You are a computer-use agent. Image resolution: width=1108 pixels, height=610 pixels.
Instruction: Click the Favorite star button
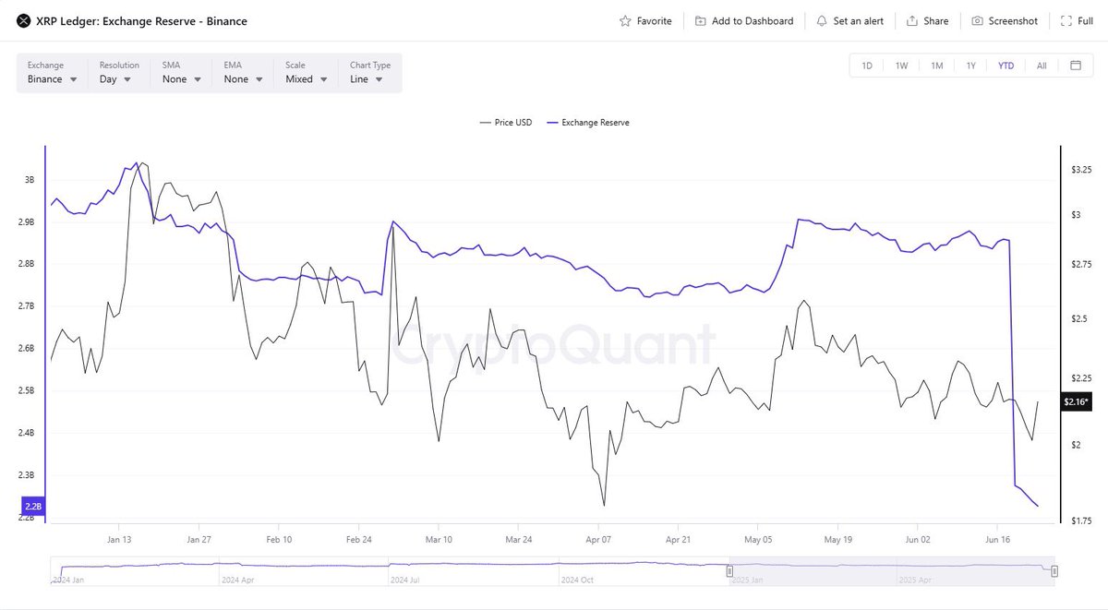[x=645, y=21]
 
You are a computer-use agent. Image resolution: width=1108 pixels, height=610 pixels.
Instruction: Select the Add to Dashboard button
[x=743, y=21]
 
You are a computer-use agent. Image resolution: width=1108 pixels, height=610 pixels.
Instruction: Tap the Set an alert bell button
[x=849, y=21]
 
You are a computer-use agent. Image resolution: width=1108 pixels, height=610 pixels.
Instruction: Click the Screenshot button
[x=1005, y=21]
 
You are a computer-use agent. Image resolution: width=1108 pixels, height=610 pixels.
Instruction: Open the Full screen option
[x=1077, y=21]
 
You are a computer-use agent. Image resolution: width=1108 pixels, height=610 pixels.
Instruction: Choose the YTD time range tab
[x=1006, y=66]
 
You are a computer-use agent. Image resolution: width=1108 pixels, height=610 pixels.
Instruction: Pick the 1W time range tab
[x=901, y=66]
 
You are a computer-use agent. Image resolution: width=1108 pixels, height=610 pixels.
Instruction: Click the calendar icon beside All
[x=1076, y=66]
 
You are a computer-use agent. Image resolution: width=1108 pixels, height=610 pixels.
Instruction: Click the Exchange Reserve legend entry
[x=588, y=123]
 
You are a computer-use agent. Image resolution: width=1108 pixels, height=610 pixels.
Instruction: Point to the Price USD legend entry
[x=506, y=123]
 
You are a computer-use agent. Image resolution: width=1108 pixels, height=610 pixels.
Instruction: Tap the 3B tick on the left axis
[x=30, y=180]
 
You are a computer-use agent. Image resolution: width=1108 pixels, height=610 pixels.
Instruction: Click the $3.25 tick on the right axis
[x=1081, y=171]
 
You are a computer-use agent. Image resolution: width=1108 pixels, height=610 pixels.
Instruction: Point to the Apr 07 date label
[x=598, y=539]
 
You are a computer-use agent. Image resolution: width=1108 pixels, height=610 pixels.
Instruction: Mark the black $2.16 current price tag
[x=1076, y=401]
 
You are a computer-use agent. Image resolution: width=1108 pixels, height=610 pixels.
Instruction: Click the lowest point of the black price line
[x=604, y=505]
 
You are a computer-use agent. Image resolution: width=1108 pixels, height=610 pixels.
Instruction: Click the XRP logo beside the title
[x=23, y=21]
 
